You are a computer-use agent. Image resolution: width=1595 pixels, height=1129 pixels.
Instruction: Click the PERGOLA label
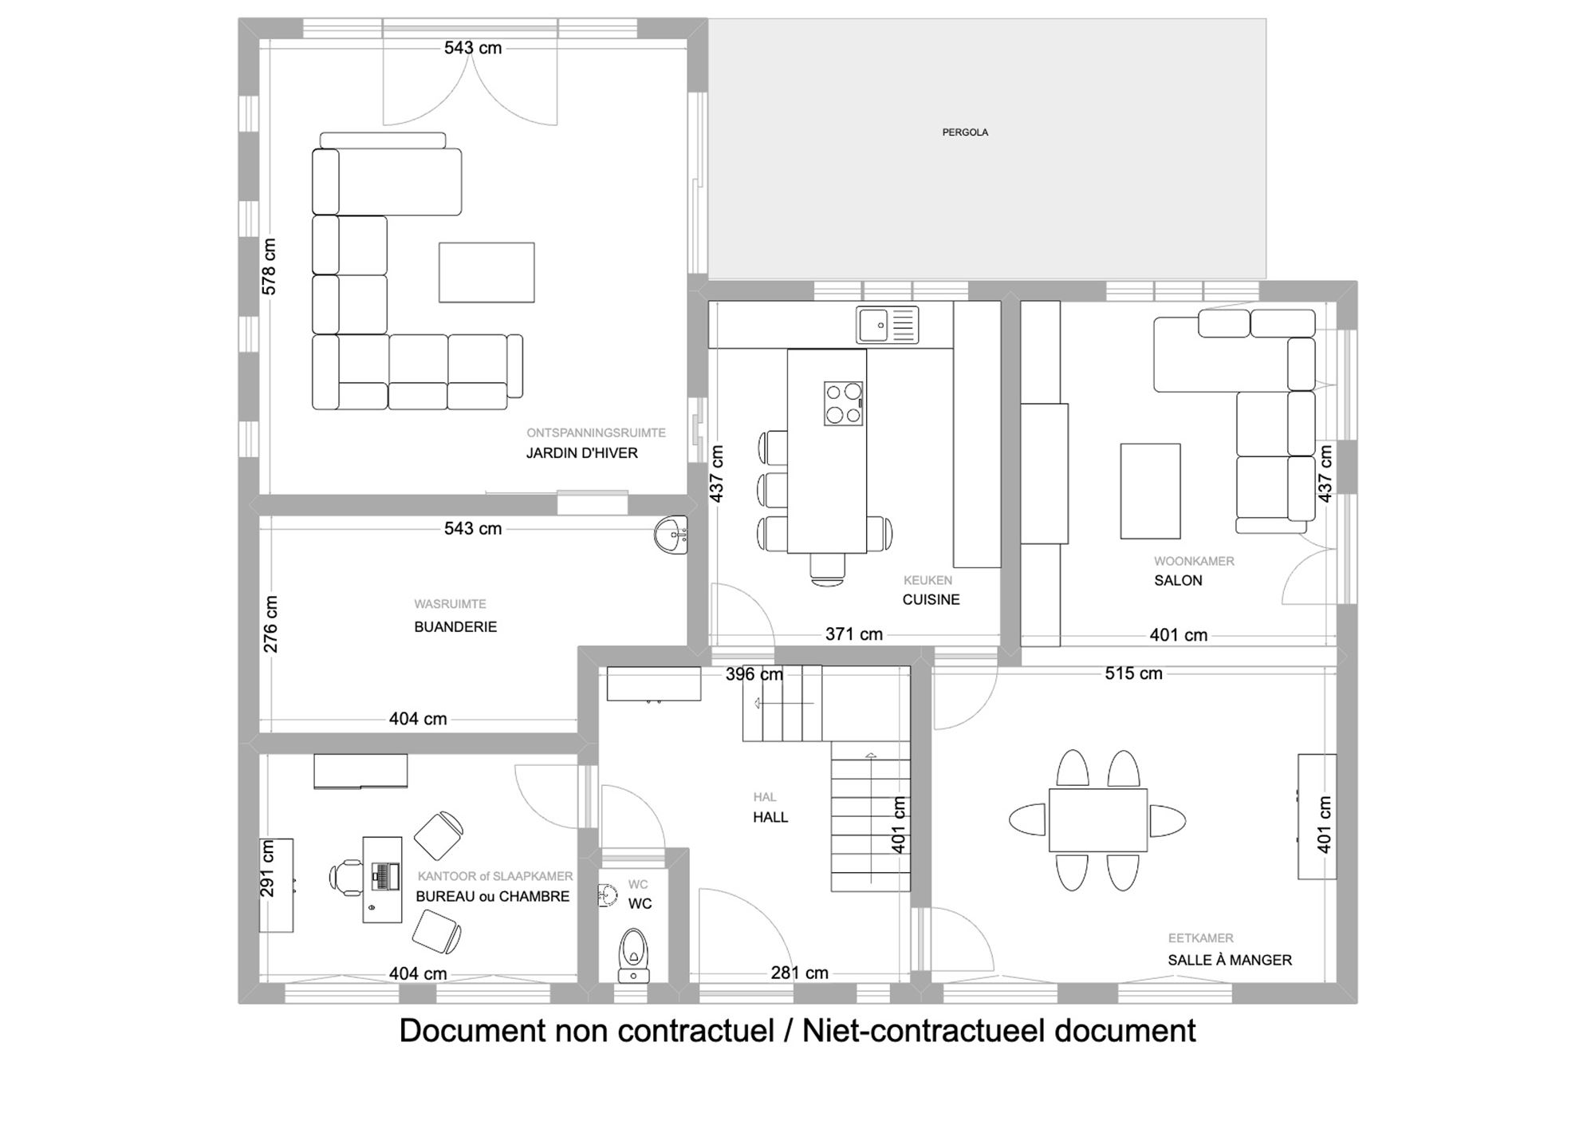click(965, 132)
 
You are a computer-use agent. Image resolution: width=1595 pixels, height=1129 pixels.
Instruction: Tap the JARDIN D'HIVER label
click(581, 453)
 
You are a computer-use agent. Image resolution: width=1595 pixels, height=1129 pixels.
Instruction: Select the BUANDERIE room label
click(455, 627)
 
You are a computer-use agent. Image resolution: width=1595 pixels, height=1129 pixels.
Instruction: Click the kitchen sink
click(888, 325)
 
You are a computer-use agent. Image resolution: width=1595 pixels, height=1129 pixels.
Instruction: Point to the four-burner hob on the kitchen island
click(844, 403)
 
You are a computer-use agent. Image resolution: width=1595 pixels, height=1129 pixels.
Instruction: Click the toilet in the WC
click(634, 954)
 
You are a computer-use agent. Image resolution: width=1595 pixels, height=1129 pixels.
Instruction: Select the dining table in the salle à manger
click(1097, 820)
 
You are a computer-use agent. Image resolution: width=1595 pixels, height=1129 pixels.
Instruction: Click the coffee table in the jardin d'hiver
click(486, 272)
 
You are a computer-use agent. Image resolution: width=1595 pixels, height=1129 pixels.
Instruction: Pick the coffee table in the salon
click(1150, 491)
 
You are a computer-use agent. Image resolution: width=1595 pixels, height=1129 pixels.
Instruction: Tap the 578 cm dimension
click(269, 266)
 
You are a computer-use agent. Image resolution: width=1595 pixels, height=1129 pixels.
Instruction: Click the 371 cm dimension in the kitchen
click(853, 634)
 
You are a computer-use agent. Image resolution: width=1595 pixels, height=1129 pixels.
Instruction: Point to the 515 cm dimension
click(1133, 673)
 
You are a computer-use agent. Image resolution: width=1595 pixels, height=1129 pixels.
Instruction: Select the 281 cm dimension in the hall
click(799, 973)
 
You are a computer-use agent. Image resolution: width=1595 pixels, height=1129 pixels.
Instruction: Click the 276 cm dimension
click(270, 624)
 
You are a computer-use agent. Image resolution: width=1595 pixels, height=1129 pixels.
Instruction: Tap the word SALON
click(1178, 581)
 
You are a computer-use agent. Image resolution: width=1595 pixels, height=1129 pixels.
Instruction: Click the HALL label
click(770, 817)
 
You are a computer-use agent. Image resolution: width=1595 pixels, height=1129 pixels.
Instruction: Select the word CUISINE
click(931, 600)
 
